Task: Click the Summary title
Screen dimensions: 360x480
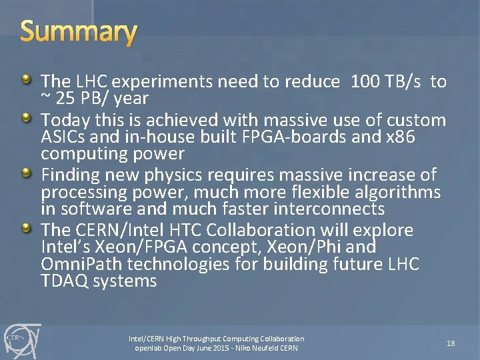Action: pyautogui.click(x=79, y=31)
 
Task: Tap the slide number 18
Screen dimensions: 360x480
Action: pyautogui.click(x=451, y=343)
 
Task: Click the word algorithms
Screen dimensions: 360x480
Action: pyautogui.click(x=401, y=193)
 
